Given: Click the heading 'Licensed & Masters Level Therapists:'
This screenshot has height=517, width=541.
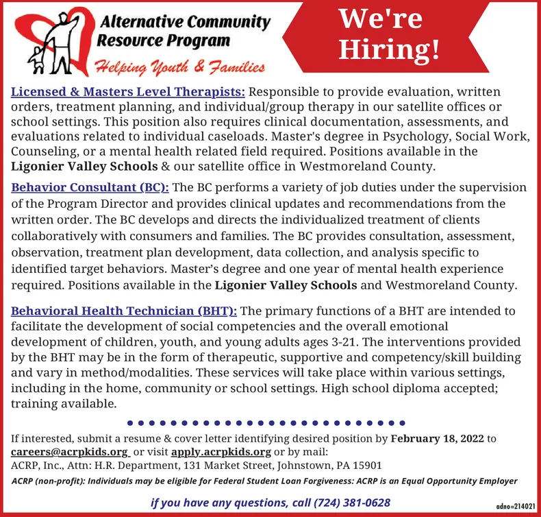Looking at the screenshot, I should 128,91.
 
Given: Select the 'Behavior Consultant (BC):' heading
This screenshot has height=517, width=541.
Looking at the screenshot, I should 91,187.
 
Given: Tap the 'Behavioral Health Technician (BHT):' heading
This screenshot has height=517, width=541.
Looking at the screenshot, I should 124,311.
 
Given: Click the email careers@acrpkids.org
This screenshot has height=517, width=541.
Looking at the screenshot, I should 70,453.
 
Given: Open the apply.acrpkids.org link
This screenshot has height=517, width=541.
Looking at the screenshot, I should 221,453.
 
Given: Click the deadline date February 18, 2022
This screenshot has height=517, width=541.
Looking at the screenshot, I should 437,437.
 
